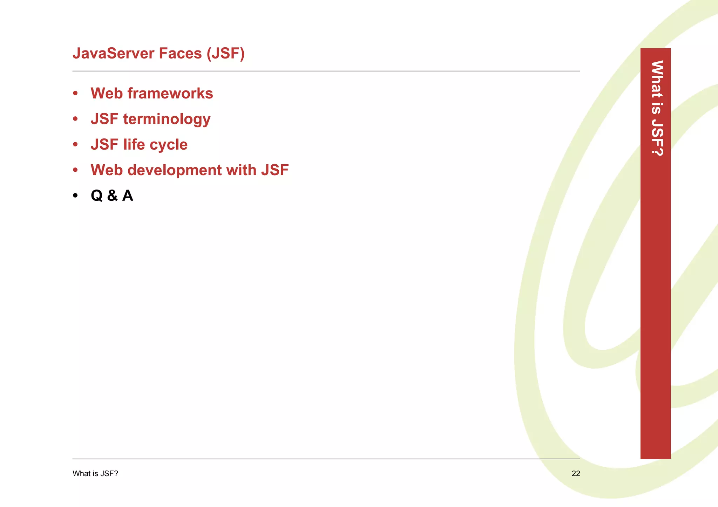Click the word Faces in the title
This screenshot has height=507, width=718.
[x=180, y=54]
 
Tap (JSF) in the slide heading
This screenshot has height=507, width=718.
[x=225, y=54]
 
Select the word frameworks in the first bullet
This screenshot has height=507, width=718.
[x=170, y=94]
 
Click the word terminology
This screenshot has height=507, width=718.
[x=167, y=119]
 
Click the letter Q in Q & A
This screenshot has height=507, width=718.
[x=97, y=196]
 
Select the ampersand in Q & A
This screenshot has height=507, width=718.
[x=113, y=196]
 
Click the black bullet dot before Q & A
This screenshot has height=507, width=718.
[x=75, y=196]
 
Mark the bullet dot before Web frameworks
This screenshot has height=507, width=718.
[x=75, y=94]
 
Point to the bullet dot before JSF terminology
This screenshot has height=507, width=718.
[x=75, y=119]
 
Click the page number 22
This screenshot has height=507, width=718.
[x=576, y=474]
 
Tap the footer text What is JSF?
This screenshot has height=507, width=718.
[x=95, y=474]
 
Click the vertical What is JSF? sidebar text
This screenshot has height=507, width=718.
[x=657, y=108]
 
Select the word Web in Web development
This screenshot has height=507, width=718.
[x=107, y=170]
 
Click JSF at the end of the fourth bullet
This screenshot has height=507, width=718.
[x=275, y=170]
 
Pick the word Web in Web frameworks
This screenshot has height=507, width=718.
[x=107, y=94]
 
